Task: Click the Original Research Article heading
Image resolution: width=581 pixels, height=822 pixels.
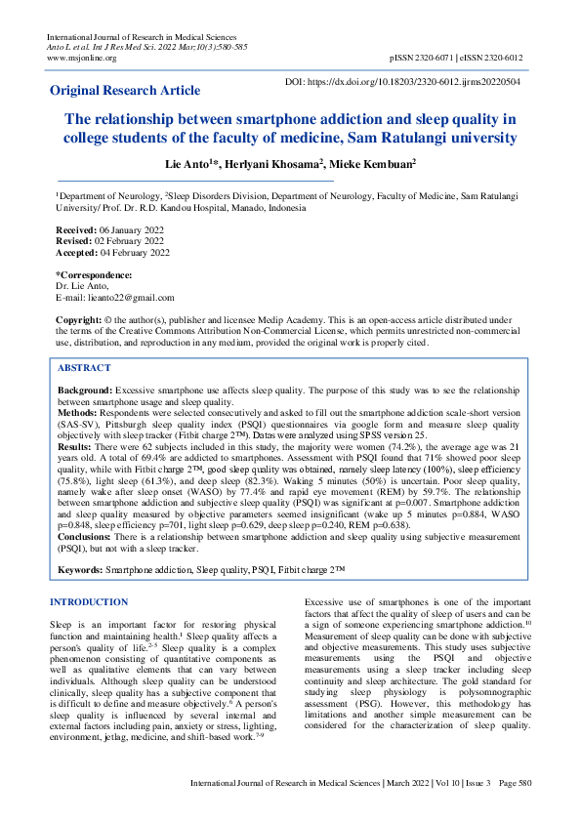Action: tap(125, 90)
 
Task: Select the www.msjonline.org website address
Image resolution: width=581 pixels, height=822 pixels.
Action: tap(81, 59)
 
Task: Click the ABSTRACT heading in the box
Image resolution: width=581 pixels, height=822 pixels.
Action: tap(84, 368)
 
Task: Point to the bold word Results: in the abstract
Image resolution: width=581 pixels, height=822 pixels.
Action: tap(77, 447)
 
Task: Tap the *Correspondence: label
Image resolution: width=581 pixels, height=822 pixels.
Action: tap(94, 276)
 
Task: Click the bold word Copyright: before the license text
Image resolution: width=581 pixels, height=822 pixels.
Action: tap(79, 320)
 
